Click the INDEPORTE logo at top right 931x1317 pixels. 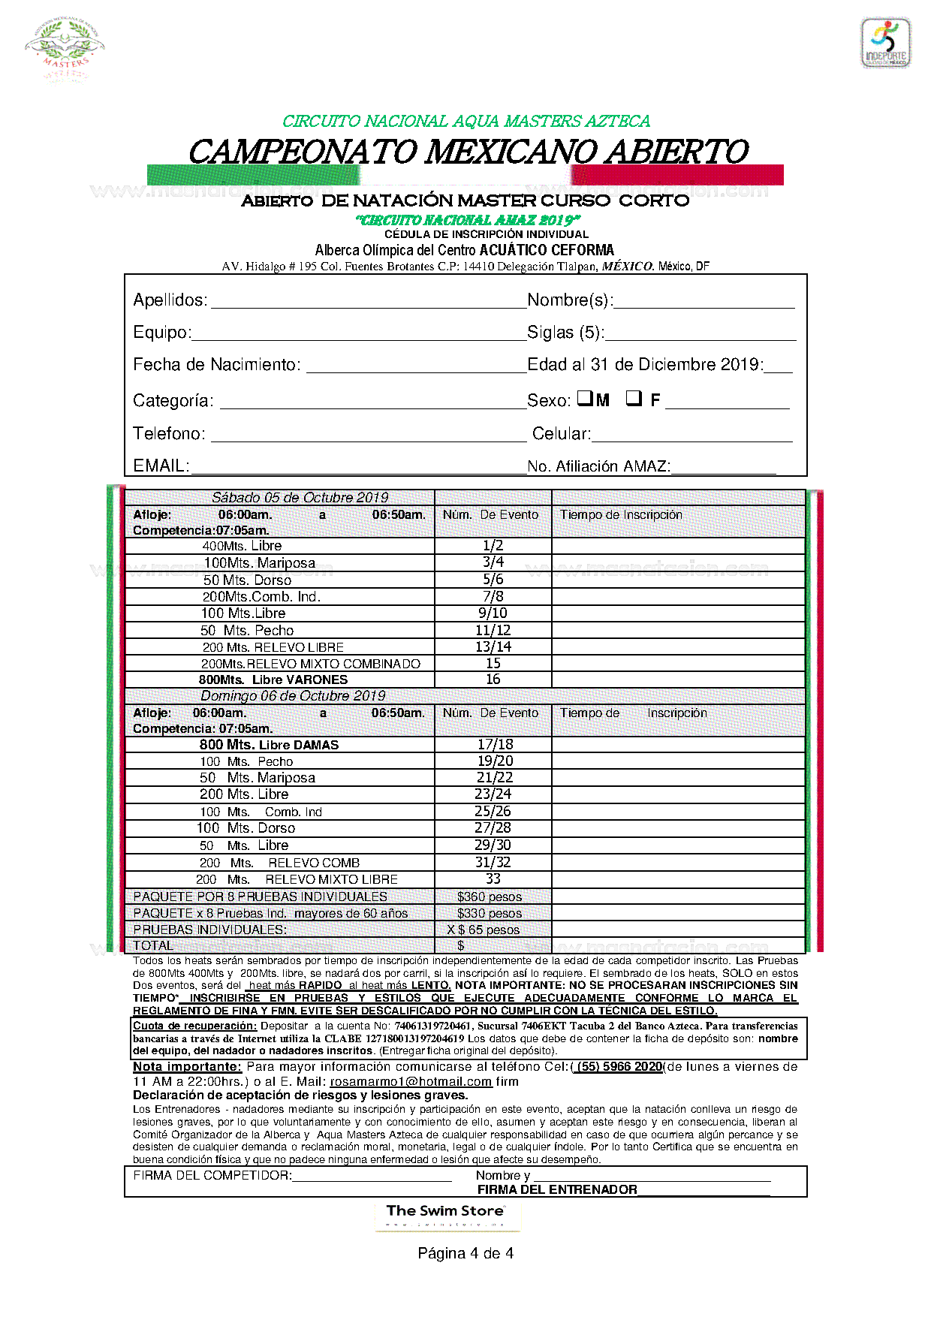click(886, 44)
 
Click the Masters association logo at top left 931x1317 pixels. click(65, 48)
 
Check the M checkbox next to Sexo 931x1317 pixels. click(585, 399)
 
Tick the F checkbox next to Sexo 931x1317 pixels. click(634, 399)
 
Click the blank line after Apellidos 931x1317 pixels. click(368, 301)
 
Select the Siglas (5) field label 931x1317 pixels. click(565, 333)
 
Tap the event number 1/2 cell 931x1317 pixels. click(493, 546)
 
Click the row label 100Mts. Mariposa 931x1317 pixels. click(259, 563)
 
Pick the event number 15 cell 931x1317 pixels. click(493, 663)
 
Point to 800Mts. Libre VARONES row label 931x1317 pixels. click(273, 680)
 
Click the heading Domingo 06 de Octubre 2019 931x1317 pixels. click(293, 696)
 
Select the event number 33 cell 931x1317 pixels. click(493, 879)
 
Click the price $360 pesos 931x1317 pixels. click(490, 897)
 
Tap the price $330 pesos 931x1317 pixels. click(490, 913)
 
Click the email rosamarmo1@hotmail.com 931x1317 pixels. click(411, 1082)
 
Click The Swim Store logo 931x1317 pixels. click(447, 1216)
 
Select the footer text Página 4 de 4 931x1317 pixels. click(465, 1253)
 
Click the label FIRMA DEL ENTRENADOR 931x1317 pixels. click(557, 1189)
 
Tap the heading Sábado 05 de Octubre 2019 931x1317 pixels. click(300, 498)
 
